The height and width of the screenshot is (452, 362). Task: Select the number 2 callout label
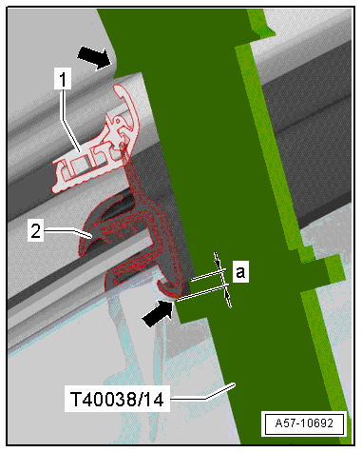point(35,231)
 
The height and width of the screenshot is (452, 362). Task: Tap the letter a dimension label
point(240,271)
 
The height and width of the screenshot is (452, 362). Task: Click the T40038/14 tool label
point(117,399)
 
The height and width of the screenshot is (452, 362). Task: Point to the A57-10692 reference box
point(304,423)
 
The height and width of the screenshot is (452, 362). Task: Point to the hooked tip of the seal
point(168,289)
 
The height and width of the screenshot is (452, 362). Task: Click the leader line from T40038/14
point(202,393)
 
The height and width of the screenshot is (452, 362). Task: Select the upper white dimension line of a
point(208,275)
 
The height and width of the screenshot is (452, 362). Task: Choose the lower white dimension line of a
point(201,293)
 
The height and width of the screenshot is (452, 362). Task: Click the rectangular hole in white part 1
point(79,167)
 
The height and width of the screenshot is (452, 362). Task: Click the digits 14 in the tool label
point(154,399)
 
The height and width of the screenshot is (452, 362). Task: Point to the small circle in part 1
point(118,121)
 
